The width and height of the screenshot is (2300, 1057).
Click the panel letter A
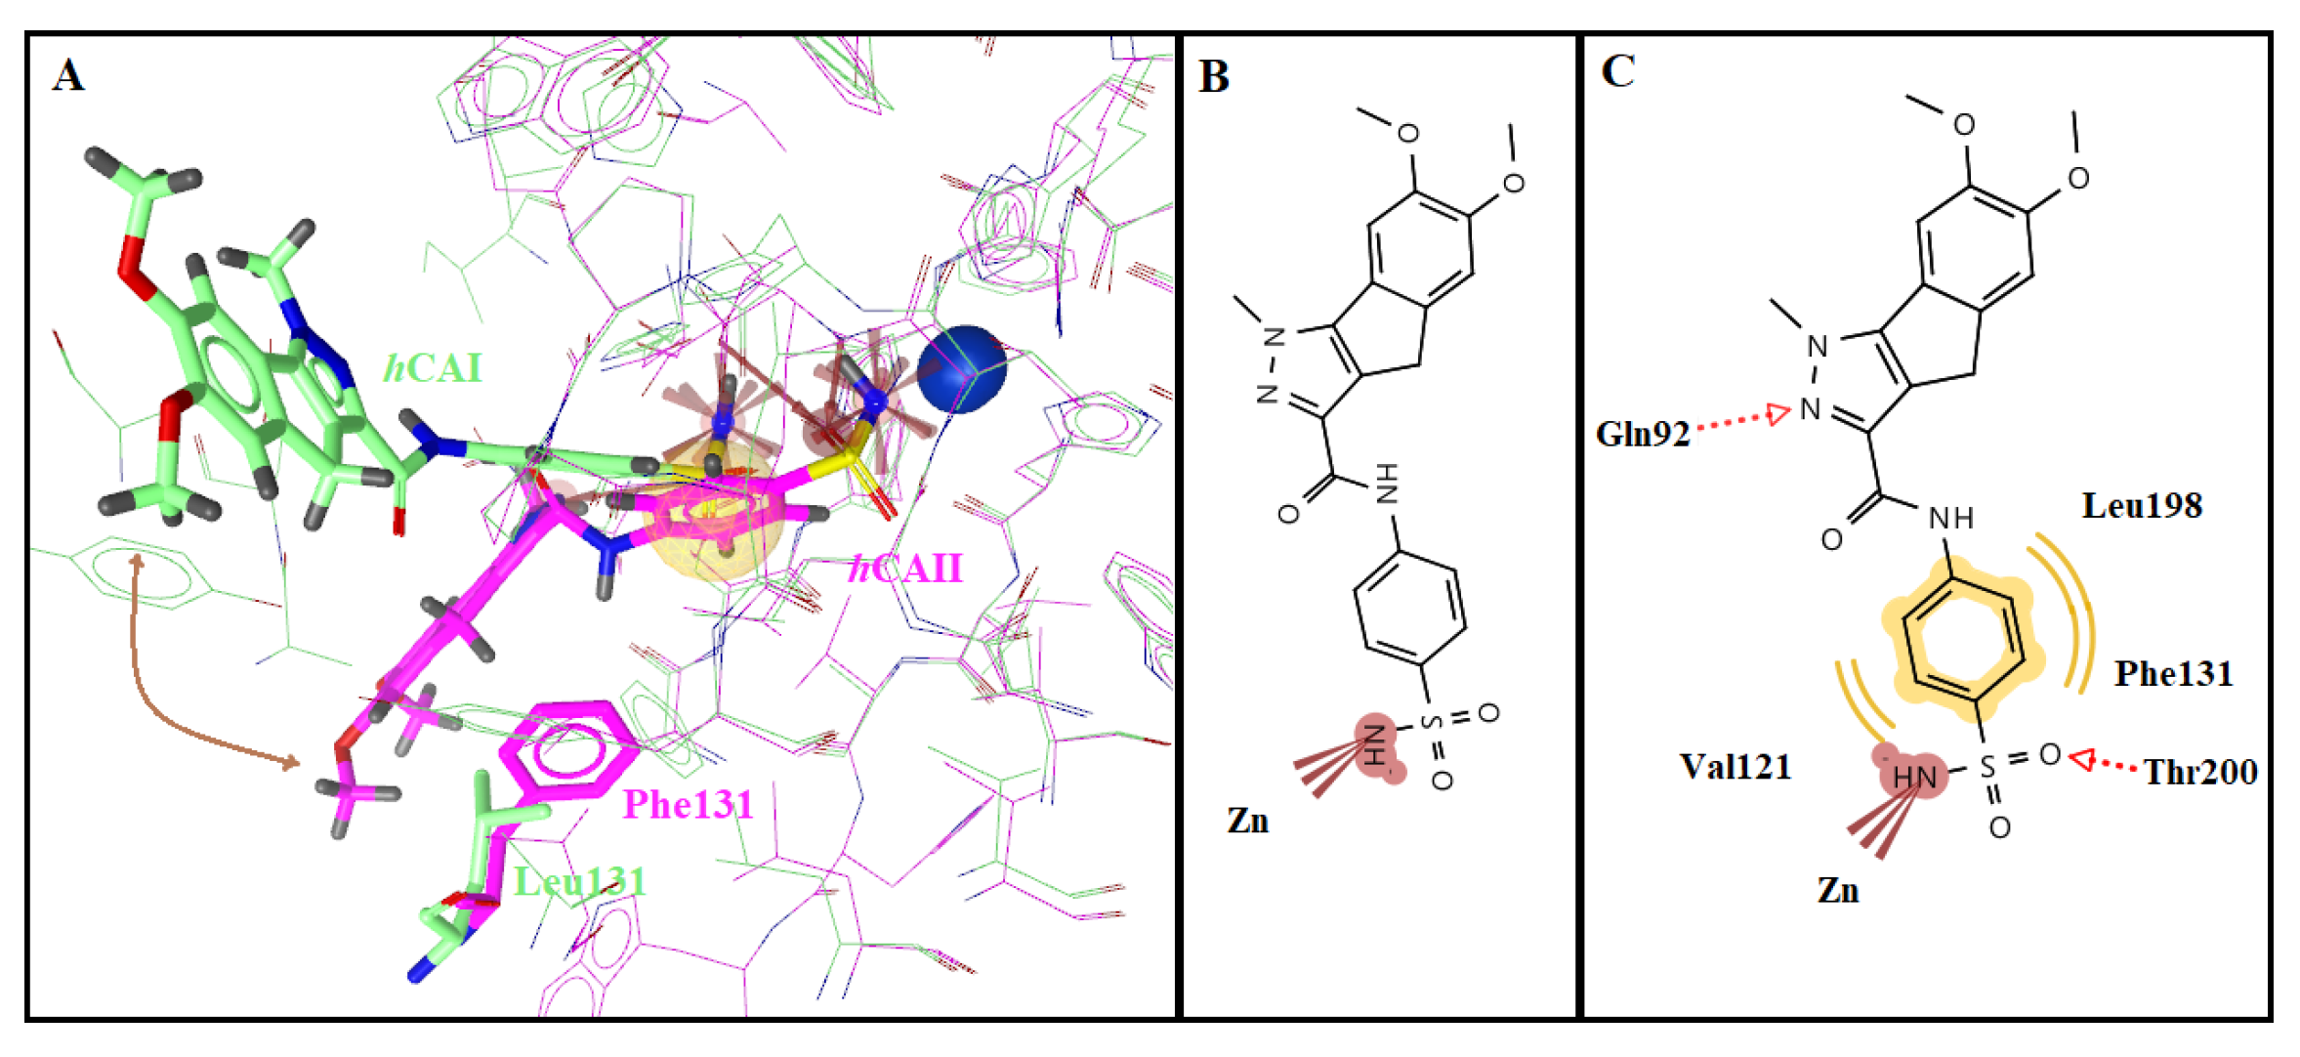67,75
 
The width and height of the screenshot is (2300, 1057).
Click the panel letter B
1213,76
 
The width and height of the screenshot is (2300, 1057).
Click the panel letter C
1617,70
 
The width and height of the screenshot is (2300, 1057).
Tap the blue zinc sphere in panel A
961,368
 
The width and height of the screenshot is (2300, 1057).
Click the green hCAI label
433,368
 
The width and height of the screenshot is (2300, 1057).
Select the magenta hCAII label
905,568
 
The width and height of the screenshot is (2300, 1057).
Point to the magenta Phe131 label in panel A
688,805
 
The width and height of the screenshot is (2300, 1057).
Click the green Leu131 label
580,882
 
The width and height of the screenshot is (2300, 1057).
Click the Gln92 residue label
1642,434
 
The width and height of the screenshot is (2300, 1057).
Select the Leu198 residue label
2142,506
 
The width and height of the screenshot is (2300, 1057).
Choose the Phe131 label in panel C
2173,674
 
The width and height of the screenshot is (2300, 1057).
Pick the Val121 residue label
1735,767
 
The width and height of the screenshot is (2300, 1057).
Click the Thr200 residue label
2199,773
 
